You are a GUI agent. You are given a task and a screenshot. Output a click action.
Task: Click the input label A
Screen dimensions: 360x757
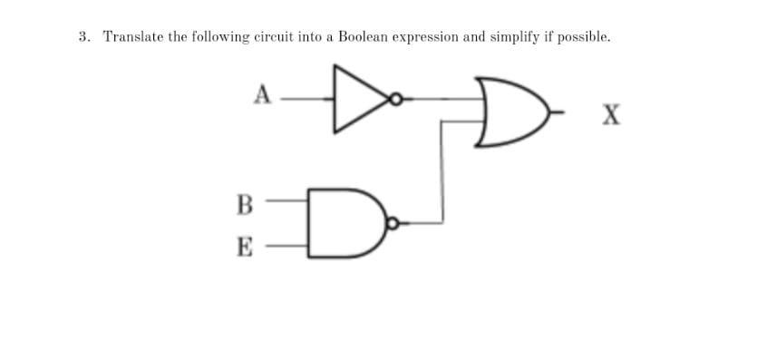263,93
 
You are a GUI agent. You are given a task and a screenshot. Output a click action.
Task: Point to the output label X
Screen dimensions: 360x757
612,115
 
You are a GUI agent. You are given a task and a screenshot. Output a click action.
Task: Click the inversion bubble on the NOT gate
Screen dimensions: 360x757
396,99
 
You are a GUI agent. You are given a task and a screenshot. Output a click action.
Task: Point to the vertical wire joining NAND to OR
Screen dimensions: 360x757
442,172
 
